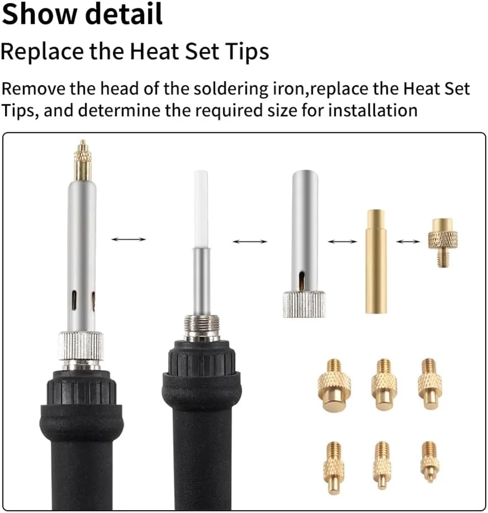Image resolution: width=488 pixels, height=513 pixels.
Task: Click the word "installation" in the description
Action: pos(372,110)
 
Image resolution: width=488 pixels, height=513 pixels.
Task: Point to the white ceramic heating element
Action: pos(200,210)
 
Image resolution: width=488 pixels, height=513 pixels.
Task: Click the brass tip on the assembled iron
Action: pos(83,160)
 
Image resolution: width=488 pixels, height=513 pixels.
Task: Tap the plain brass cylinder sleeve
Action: pos(376,262)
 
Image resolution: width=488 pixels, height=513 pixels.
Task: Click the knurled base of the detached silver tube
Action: pos(304,303)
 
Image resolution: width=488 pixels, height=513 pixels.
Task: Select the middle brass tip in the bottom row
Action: pos(382,465)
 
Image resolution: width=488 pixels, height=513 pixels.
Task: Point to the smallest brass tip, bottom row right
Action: pos(430,461)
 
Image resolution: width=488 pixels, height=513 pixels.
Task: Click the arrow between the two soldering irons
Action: pos(128,239)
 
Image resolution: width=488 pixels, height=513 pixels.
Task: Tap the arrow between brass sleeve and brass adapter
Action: pos(408,241)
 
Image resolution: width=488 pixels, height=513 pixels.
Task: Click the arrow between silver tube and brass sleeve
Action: pos(342,241)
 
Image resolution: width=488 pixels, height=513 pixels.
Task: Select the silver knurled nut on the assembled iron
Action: pos(81,345)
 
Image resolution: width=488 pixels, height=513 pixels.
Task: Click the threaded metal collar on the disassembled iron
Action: pos(201,327)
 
